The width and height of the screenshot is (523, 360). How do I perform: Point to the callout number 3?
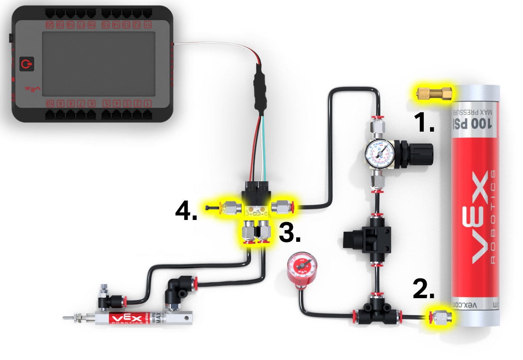[x=289, y=233]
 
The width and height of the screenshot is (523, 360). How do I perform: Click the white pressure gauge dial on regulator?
[x=380, y=153]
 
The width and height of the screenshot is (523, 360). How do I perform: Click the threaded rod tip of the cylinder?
[x=67, y=318]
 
